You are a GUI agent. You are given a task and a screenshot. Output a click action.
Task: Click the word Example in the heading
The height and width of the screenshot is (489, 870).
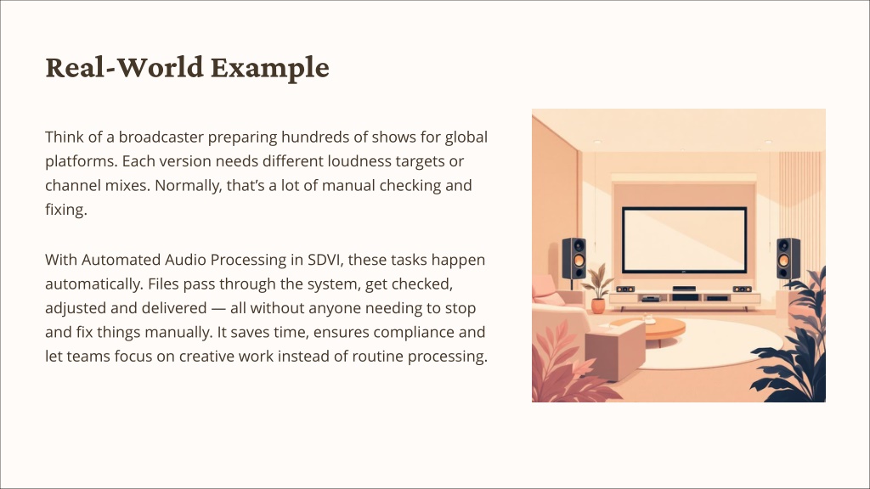269,68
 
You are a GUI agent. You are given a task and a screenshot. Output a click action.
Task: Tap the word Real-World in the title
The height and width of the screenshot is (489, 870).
124,67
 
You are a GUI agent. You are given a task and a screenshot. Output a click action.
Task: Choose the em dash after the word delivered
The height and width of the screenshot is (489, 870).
218,309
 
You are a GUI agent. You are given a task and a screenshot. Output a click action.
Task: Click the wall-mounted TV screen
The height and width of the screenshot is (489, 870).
684,240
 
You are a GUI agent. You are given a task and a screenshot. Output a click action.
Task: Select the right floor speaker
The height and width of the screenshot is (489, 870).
788,259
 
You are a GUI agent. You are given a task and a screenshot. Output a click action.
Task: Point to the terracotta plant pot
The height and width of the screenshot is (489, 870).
597,306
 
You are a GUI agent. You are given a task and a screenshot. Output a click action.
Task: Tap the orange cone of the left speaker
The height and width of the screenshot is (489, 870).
578,261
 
